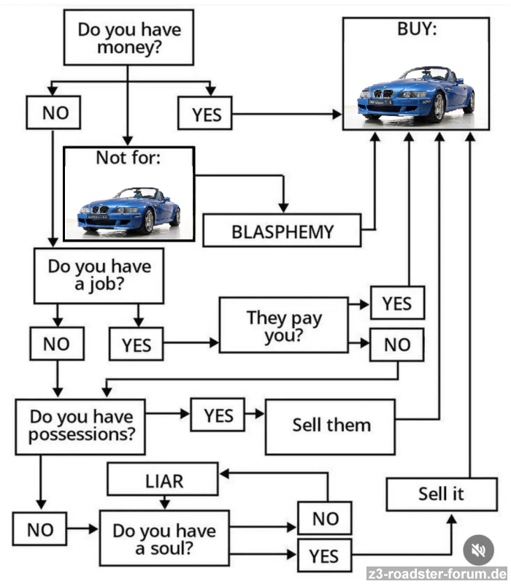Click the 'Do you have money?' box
pyautogui.click(x=128, y=38)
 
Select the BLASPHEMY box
pyautogui.click(x=282, y=231)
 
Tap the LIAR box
pyautogui.click(x=163, y=480)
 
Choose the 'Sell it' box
pyautogui.click(x=441, y=493)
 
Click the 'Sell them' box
pyautogui.click(x=331, y=425)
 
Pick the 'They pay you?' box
pyautogui.click(x=284, y=325)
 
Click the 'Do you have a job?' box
pyautogui.click(x=99, y=274)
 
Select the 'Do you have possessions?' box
pyautogui.click(x=80, y=426)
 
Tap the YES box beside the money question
pyautogui.click(x=206, y=114)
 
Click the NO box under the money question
pyautogui.click(x=53, y=113)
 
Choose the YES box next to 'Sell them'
pyautogui.click(x=218, y=415)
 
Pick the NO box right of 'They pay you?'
pyautogui.click(x=396, y=345)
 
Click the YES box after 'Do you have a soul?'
pyautogui.click(x=323, y=556)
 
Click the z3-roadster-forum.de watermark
pyautogui.click(x=437, y=573)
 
